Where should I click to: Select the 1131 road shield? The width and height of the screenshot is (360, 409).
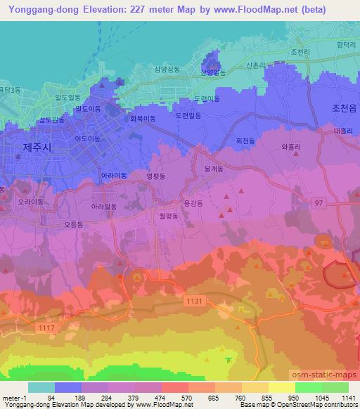[195, 300]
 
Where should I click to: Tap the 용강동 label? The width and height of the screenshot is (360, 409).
[193, 203]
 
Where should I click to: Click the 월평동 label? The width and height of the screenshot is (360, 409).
[165, 217]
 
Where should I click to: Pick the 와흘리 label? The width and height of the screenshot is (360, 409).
[291, 147]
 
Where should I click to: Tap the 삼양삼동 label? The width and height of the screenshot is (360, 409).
[167, 70]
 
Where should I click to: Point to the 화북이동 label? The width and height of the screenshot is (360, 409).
[143, 119]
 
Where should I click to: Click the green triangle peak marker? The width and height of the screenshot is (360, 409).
[227, 361]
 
